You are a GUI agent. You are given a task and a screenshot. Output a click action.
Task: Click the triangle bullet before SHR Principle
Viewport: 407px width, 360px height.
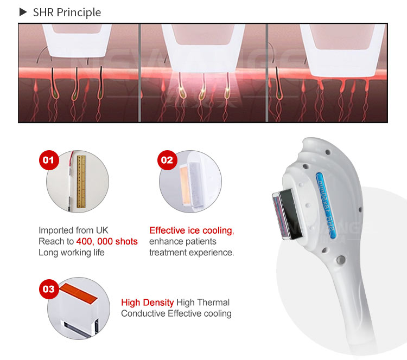pyautogui.click(x=23, y=12)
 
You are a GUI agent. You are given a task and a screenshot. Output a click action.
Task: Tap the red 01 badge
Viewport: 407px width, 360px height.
pyautogui.click(x=49, y=160)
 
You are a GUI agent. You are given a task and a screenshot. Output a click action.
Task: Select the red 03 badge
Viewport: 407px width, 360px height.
pyautogui.click(x=49, y=289)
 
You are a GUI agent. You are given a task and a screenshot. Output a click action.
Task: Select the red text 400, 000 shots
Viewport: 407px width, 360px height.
pyautogui.click(x=107, y=241)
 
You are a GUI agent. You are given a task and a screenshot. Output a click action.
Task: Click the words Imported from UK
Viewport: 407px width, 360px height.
pyautogui.click(x=69, y=230)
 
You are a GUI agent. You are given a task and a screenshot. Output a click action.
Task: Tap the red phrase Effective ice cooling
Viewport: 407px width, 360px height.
pyautogui.click(x=190, y=230)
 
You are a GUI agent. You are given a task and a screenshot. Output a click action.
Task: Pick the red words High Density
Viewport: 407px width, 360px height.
pyautogui.click(x=147, y=303)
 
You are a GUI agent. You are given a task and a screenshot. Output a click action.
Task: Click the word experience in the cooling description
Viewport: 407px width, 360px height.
pyautogui.click(x=212, y=252)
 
